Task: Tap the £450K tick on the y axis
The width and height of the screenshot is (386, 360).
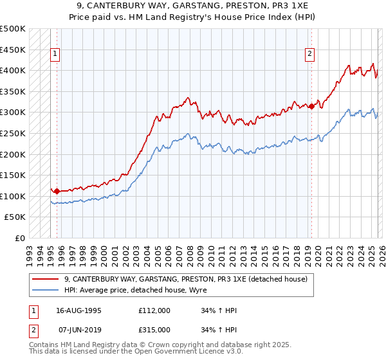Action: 13,50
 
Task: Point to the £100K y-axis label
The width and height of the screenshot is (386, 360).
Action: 13,196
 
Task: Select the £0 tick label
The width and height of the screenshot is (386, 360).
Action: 19,238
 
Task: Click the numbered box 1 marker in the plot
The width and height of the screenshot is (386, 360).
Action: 55,55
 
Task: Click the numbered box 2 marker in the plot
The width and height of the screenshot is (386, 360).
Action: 309,55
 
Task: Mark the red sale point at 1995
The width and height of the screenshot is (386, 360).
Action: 57,191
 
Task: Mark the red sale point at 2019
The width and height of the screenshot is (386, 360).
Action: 311,106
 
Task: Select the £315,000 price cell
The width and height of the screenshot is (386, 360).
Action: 154,329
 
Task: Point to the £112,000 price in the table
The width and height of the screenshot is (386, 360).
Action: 154,310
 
